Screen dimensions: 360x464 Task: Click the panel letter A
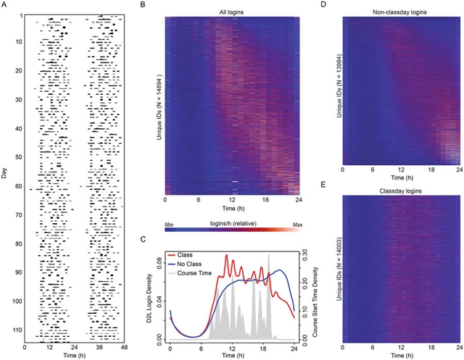pyautogui.click(x=6, y=5)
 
